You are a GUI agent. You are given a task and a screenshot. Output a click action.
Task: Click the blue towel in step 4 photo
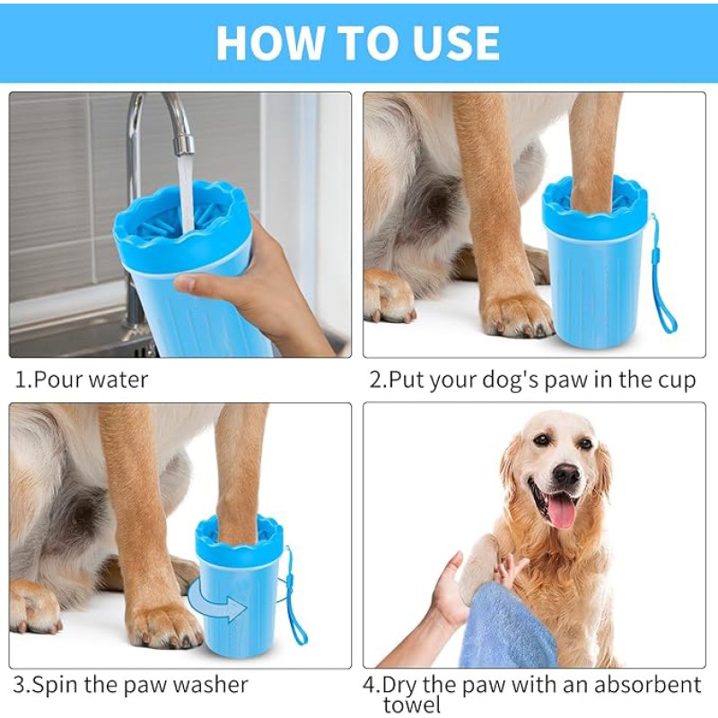pyautogui.click(x=508, y=627)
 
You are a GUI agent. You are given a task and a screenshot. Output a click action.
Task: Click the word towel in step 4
pyautogui.click(x=412, y=705)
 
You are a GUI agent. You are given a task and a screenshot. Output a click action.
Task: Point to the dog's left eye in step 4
pyautogui.click(x=586, y=443)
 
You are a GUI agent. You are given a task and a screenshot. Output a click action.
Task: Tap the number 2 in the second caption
pyautogui.click(x=375, y=380)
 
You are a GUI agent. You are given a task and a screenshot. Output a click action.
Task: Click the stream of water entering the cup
pyautogui.click(x=187, y=191)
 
